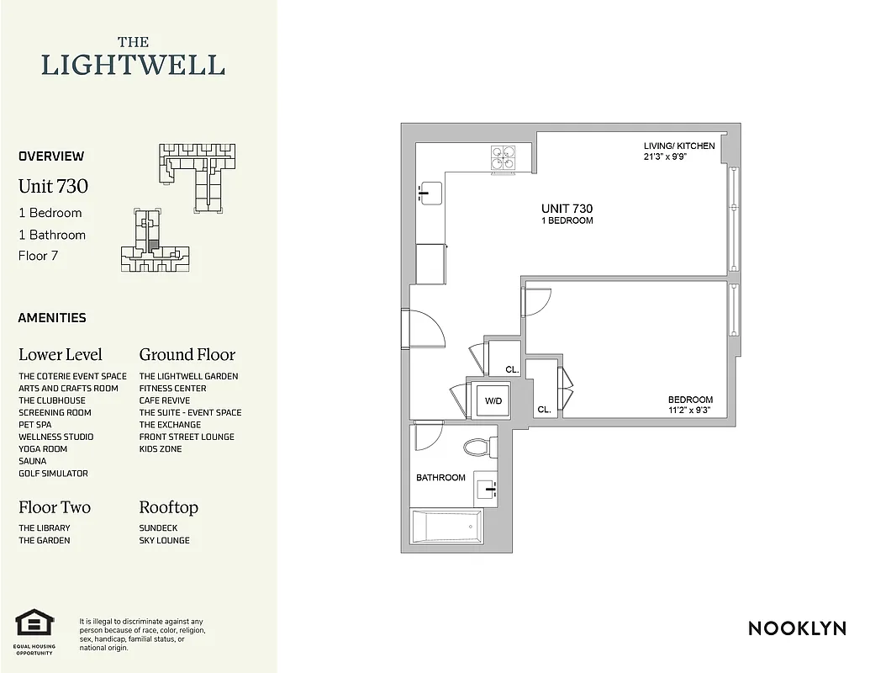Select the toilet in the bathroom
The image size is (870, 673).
480,446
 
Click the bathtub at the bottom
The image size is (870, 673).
446,527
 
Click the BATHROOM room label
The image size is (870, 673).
440,478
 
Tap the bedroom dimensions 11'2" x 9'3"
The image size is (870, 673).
690,411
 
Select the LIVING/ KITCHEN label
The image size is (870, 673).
679,146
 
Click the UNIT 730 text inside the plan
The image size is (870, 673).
567,209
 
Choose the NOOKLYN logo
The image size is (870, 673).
797,628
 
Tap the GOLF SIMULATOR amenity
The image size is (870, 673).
53,474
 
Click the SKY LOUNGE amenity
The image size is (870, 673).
164,540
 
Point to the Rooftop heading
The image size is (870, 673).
168,507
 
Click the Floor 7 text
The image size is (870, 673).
38,256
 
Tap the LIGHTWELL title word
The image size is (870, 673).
133,65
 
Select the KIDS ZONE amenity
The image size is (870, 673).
161,449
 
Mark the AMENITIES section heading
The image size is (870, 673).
52,318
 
